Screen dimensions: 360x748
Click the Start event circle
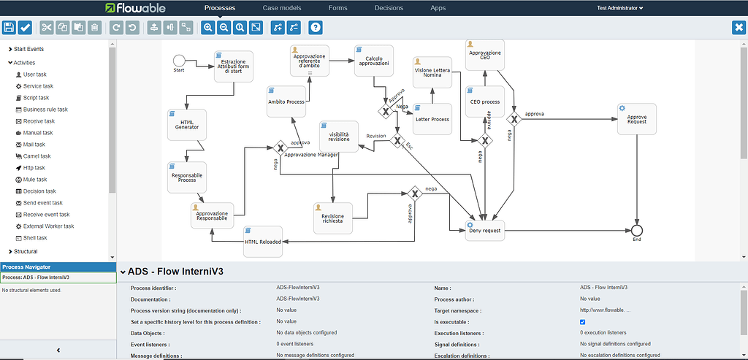point(179,60)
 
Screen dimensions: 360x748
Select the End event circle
point(637,231)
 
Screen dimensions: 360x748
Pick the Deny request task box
point(485,231)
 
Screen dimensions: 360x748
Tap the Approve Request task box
point(636,119)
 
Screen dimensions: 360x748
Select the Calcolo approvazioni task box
point(375,64)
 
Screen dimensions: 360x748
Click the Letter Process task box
point(432,119)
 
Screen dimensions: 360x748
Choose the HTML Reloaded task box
point(262,242)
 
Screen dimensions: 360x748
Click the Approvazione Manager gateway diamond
point(279,147)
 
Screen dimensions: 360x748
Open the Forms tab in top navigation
point(337,8)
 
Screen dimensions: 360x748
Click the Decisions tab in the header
point(389,8)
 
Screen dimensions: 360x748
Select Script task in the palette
point(36,98)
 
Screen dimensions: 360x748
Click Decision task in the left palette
point(39,191)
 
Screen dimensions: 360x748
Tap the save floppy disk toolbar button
point(9,28)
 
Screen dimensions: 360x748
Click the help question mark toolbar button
point(316,28)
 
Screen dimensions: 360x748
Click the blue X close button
point(739,28)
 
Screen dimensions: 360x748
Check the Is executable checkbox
point(582,322)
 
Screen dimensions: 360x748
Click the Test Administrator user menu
point(619,8)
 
